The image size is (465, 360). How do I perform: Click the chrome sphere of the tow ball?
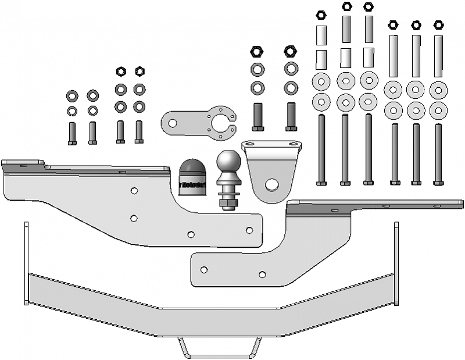pyautogui.click(x=228, y=162)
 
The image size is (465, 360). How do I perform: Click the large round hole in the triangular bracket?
pyautogui.click(x=271, y=184)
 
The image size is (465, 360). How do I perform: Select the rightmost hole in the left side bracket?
pyautogui.click(x=249, y=230)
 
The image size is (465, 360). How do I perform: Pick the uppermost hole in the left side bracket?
pyautogui.click(x=134, y=191)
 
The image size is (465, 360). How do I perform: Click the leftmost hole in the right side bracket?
pyautogui.click(x=203, y=269)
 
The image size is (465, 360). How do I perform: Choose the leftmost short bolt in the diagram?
pyautogui.click(x=73, y=133)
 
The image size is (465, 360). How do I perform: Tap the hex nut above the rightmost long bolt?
pyautogui.click(x=438, y=26)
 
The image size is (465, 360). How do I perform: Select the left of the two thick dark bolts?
pyautogui.click(x=258, y=116)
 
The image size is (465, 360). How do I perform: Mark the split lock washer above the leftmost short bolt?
pyautogui.click(x=73, y=111)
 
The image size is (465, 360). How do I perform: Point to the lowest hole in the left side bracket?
pyautogui.click(x=191, y=234)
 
